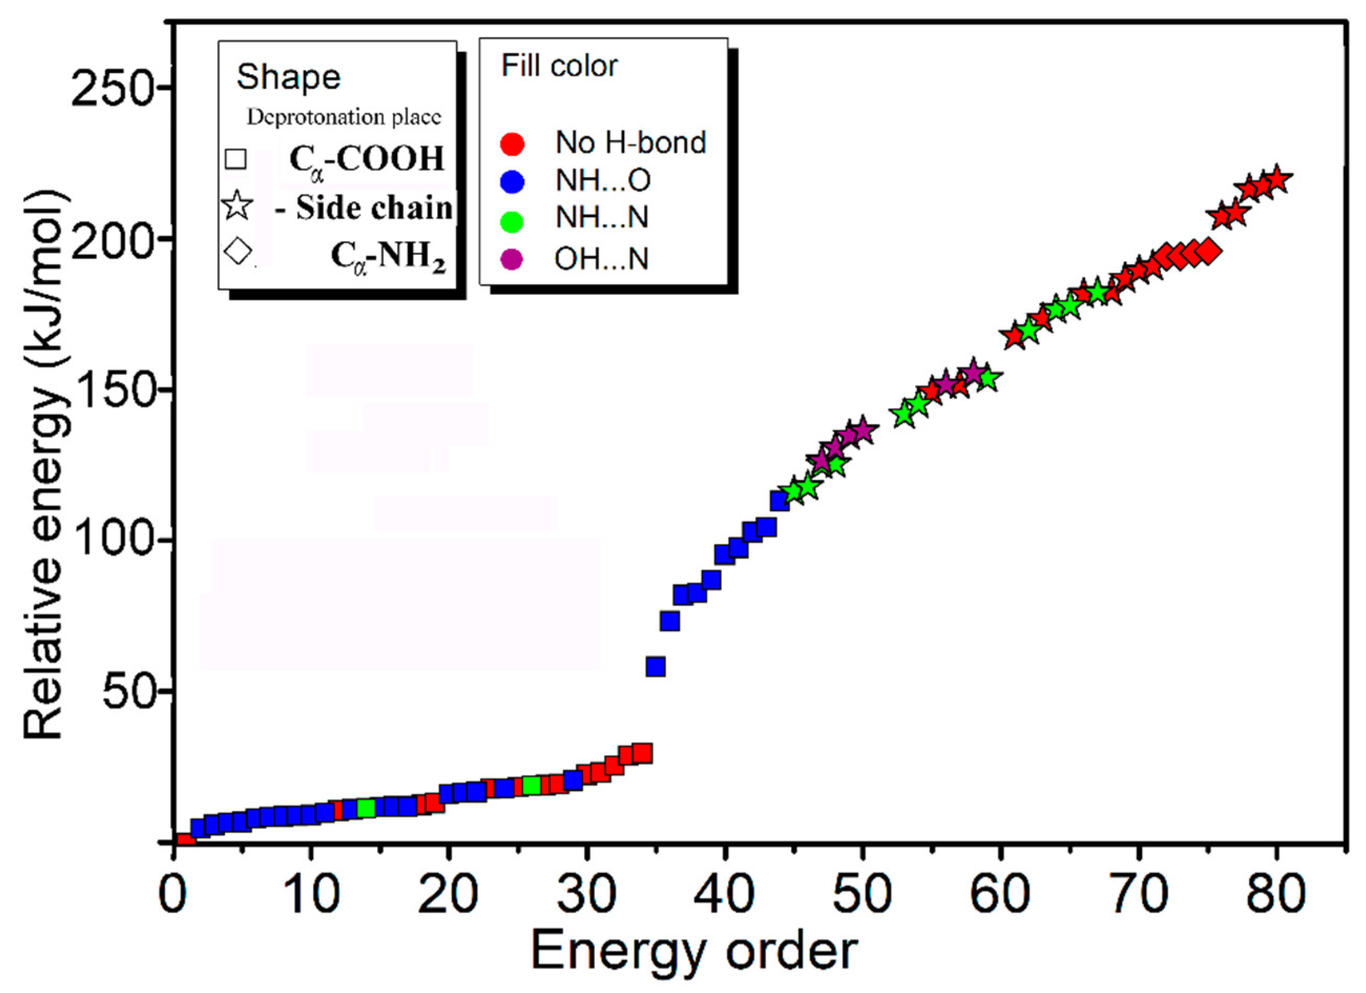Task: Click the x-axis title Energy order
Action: (694, 951)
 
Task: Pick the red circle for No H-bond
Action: (512, 143)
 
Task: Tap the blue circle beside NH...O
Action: (512, 181)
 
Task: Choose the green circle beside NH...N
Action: (512, 221)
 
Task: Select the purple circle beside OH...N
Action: (512, 260)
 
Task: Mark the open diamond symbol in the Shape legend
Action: (237, 251)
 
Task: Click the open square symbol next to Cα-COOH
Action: (235, 159)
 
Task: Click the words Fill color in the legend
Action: (559, 66)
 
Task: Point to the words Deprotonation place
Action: (344, 118)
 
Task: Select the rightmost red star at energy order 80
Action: (1276, 179)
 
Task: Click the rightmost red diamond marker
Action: (1209, 252)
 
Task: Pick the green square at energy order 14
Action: (366, 808)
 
